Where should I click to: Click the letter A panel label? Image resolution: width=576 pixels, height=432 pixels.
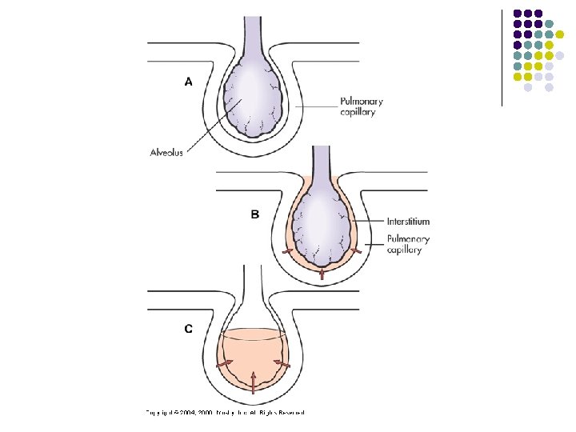[x=189, y=81]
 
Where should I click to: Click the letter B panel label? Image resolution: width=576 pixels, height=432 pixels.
[x=255, y=214]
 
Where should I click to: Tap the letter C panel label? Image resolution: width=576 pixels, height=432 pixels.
[x=189, y=328]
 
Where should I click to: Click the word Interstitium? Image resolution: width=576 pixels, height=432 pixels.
[x=408, y=222]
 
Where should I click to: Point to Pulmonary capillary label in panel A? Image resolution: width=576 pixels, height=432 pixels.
[x=361, y=107]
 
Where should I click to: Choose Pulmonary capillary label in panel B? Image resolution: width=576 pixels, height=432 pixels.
[x=408, y=244]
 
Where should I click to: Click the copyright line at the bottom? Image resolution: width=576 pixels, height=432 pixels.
[x=226, y=413]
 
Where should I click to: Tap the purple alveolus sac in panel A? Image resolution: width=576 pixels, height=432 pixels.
[x=254, y=96]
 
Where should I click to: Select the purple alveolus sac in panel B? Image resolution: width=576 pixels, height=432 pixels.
[x=321, y=220]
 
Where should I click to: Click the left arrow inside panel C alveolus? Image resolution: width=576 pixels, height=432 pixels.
[x=226, y=362]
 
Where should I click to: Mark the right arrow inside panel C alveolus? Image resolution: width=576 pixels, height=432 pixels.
[x=280, y=362]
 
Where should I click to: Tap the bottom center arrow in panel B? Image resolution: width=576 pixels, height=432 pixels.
[x=321, y=274]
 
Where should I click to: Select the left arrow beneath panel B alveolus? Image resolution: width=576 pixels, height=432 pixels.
[x=287, y=252]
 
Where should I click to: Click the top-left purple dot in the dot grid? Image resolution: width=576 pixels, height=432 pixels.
[x=518, y=13]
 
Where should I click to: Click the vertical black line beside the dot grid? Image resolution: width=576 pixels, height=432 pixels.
[x=502, y=56]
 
